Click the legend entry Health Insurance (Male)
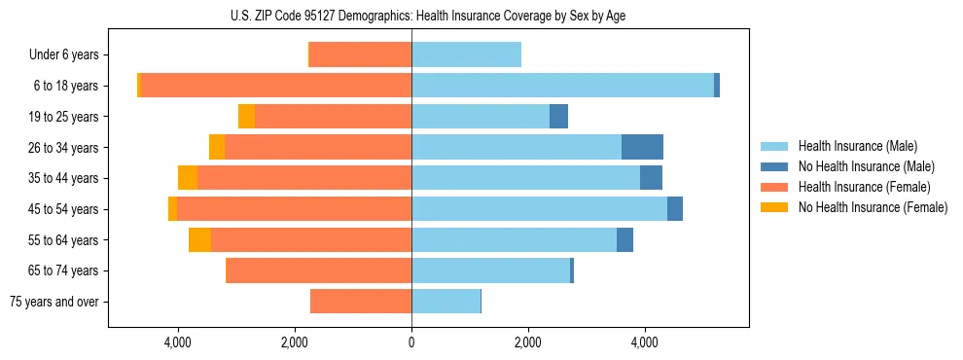coord(852,147)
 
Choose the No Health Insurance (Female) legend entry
coord(873,207)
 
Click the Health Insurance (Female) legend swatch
coord(775,187)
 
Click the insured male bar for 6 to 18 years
coord(562,86)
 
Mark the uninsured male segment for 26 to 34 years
coord(642,147)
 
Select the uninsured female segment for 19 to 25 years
coord(246,117)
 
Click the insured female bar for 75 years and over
coord(361,302)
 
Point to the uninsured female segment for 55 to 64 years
coord(199,239)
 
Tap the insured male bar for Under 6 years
coord(466,55)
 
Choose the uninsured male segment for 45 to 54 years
coord(675,209)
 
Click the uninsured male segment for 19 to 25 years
coord(558,117)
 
